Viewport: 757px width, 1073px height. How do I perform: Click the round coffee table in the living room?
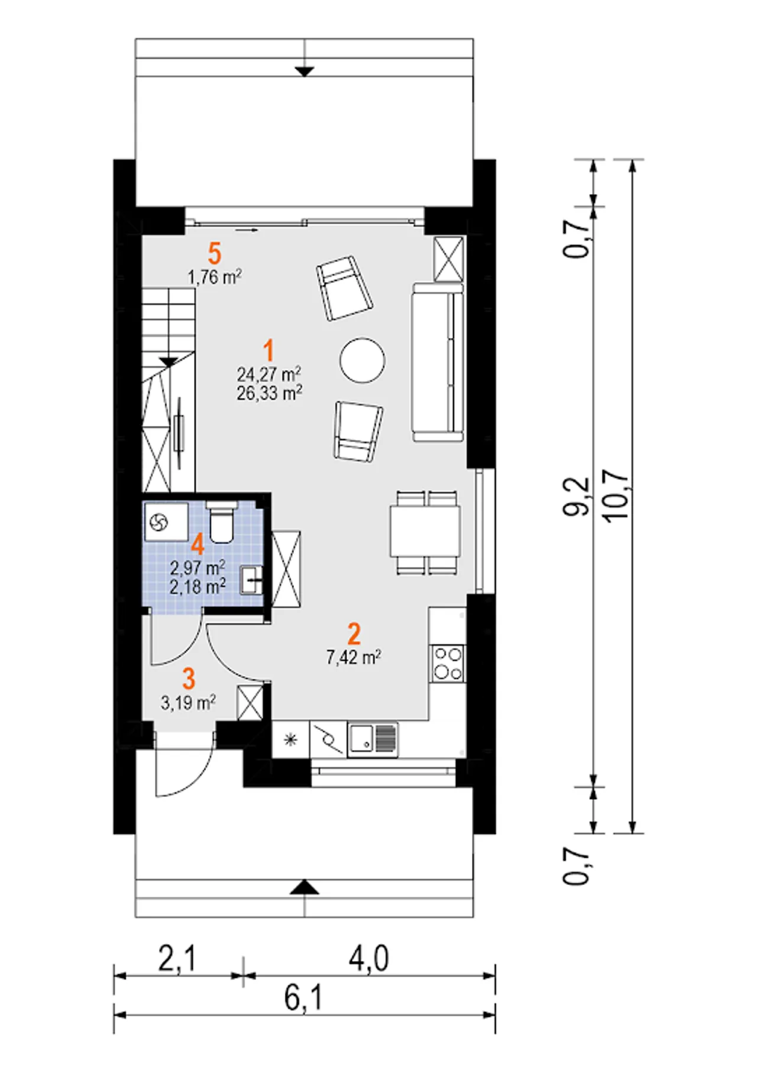363,360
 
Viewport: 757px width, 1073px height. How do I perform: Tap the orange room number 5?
215,253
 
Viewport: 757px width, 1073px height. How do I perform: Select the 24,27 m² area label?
269,374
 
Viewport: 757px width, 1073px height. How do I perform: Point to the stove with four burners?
448,664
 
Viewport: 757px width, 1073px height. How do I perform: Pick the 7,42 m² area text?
353,657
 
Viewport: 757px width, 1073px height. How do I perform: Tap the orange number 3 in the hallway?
189,679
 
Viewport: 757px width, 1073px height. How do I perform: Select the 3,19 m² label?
188,703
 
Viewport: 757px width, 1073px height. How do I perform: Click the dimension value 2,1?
176,959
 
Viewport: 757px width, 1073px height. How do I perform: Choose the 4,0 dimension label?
368,959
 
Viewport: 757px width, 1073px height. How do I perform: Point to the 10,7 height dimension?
616,496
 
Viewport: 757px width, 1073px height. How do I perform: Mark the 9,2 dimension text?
576,497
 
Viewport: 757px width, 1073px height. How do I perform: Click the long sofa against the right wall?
438,362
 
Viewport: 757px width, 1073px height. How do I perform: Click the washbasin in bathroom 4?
251,580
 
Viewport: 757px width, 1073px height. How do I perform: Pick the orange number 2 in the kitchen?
354,634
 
